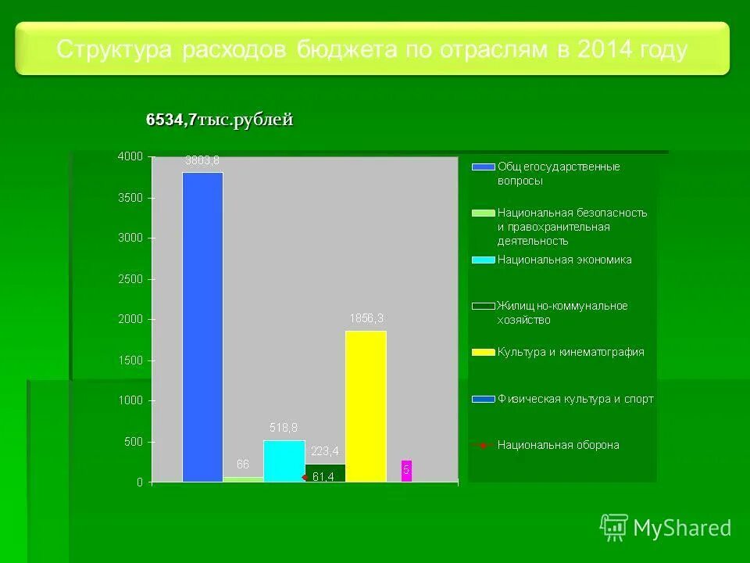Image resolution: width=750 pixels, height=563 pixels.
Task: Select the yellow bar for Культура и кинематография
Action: tap(366, 407)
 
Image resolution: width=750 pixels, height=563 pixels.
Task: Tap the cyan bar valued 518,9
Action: tap(284, 461)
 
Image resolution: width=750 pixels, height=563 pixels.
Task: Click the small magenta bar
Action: tap(406, 471)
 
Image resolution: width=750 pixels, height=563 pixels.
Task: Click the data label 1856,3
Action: tap(366, 319)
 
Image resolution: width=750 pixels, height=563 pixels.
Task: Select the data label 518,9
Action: tap(284, 428)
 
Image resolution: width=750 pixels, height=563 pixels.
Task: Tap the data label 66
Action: tap(242, 464)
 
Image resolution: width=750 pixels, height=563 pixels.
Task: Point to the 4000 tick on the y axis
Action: tap(130, 156)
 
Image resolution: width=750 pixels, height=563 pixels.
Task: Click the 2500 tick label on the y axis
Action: tap(130, 279)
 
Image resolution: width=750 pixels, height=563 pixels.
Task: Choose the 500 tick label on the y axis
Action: tap(134, 442)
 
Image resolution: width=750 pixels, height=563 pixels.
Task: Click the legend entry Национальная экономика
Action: tap(564, 260)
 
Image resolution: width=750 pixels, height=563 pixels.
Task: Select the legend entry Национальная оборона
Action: tap(558, 445)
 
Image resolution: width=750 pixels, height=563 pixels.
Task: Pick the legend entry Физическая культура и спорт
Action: tap(575, 399)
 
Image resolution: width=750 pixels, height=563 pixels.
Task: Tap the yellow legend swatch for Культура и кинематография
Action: tap(484, 353)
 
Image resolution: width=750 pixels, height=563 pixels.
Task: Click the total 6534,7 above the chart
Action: tap(171, 120)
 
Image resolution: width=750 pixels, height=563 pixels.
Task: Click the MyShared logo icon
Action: tap(614, 528)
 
